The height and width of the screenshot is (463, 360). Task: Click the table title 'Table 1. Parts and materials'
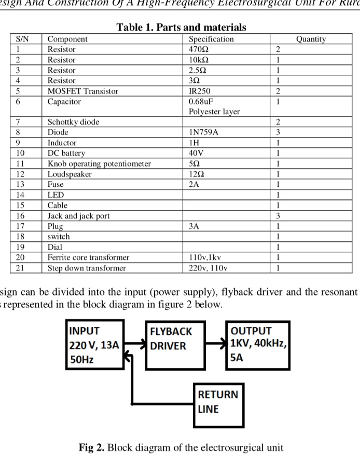pyautogui.click(x=181, y=27)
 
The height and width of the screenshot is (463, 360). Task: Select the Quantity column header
pyautogui.click(x=311, y=39)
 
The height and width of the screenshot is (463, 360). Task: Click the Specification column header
pyautogui.click(x=211, y=39)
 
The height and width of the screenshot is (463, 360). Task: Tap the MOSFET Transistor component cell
pyautogui.click(x=83, y=91)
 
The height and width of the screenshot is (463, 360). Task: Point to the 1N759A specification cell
pyautogui.click(x=203, y=132)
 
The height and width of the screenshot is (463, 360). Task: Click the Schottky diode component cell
pyautogui.click(x=73, y=122)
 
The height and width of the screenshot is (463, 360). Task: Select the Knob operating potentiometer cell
pyautogui.click(x=99, y=164)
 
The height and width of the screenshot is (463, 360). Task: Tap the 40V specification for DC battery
pyautogui.click(x=197, y=153)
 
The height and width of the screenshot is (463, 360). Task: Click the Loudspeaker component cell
pyautogui.click(x=70, y=174)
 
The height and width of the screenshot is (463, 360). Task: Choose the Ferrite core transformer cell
pyautogui.click(x=88, y=257)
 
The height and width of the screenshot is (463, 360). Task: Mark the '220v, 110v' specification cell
pyautogui.click(x=208, y=268)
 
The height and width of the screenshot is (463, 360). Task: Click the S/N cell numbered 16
pyautogui.click(x=21, y=215)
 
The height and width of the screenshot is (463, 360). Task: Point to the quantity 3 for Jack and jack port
pyautogui.click(x=278, y=215)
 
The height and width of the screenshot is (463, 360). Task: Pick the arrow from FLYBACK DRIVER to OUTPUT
pyautogui.click(x=217, y=343)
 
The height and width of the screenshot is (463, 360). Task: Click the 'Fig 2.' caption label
pyautogui.click(x=92, y=447)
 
